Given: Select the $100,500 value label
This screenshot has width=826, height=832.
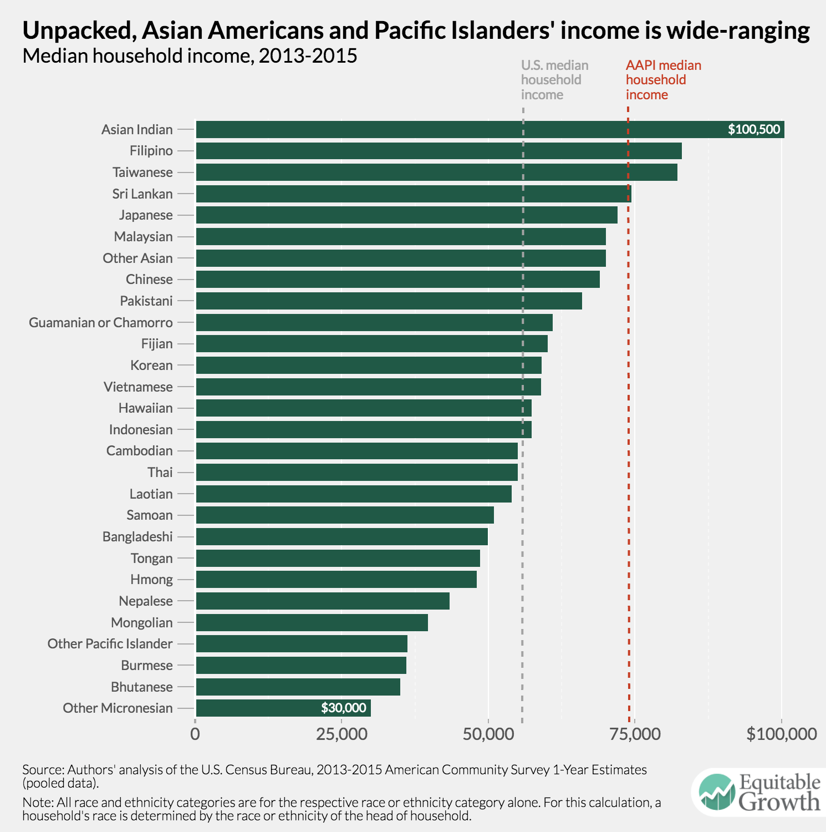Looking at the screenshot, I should (754, 130).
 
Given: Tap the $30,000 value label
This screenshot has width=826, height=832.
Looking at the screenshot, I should (344, 708).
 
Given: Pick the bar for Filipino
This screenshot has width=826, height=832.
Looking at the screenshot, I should (439, 151).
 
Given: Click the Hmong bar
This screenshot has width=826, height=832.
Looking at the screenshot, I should (336, 580).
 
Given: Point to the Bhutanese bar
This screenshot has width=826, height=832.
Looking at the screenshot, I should (298, 687).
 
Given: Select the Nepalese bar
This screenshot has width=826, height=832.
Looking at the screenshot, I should (323, 601).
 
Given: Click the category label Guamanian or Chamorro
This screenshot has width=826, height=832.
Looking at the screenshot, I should (101, 322).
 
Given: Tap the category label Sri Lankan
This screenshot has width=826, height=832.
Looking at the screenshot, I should (142, 194).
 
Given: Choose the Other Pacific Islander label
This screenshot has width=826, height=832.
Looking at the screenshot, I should (110, 644).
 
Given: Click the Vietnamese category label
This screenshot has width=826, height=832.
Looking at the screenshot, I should (138, 387).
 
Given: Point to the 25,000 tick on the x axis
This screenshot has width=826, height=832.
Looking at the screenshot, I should (342, 734).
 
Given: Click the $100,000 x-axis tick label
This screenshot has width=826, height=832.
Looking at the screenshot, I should (781, 734).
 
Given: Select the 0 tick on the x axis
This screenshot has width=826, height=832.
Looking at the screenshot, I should (195, 734).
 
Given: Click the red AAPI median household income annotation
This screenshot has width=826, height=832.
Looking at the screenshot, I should (663, 80).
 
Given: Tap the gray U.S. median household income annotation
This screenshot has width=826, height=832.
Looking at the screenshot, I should (554, 80).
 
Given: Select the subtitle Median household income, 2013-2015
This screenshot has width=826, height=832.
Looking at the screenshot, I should (190, 56).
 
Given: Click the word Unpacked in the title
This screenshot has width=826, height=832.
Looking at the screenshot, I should (78, 31).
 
